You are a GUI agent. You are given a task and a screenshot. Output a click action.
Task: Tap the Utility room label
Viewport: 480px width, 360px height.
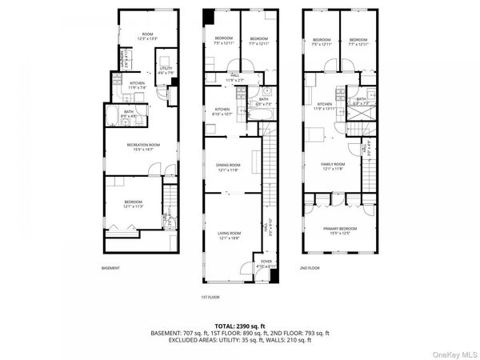click(166, 70)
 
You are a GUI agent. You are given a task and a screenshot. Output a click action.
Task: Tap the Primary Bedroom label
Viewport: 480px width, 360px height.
click(340, 230)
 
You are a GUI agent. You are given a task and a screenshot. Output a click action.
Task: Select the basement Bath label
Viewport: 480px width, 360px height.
click(129, 114)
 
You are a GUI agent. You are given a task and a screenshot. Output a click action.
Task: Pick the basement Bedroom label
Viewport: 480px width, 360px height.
click(133, 204)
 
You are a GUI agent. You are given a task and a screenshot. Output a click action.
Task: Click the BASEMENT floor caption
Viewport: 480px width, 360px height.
click(111, 268)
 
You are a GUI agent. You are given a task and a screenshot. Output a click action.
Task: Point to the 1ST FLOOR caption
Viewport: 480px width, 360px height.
click(210, 297)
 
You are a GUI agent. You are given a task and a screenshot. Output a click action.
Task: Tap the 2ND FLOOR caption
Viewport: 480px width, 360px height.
click(310, 268)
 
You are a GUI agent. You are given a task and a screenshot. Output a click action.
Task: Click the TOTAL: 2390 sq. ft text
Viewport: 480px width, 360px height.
click(239, 326)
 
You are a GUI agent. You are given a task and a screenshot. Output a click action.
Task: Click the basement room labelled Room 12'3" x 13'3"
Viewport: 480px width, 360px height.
click(142, 36)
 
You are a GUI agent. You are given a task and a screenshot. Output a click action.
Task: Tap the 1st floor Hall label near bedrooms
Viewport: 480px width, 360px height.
click(233, 79)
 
